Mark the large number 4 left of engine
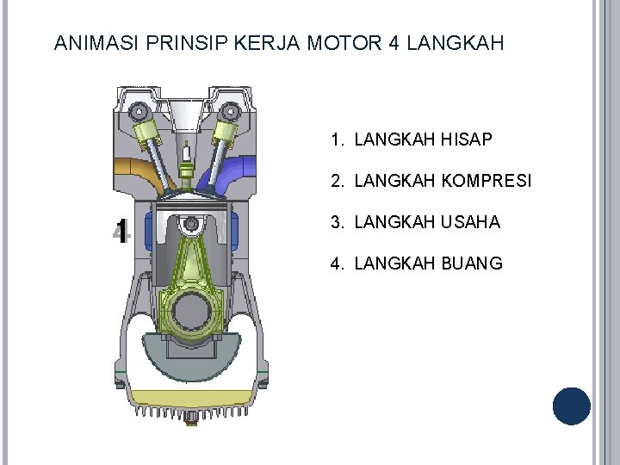121,230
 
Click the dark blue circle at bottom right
571,406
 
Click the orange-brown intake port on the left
142,171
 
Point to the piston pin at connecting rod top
190,224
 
